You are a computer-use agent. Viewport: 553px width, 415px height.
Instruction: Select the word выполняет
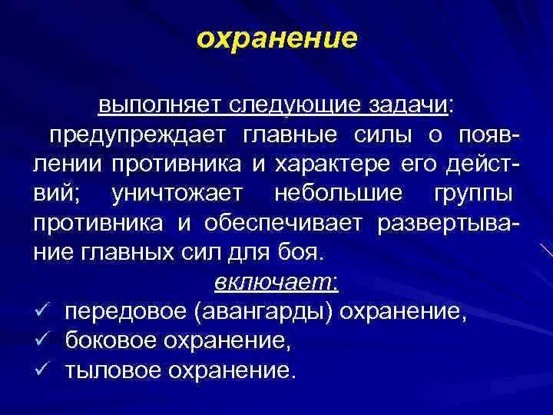(x=149, y=105)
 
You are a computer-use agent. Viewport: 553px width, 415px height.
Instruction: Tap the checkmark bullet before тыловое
(x=42, y=370)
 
